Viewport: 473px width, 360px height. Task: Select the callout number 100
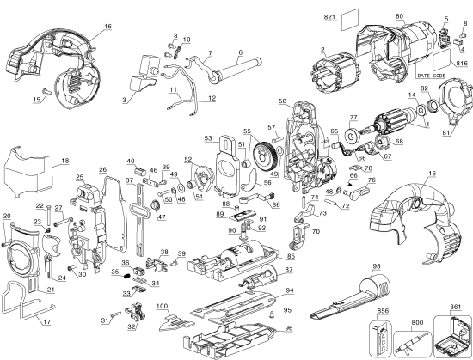point(162,307)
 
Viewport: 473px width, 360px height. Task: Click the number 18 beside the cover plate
point(41,160)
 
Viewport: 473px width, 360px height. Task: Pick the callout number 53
point(207,137)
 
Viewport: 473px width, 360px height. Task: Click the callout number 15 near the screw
point(35,101)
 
